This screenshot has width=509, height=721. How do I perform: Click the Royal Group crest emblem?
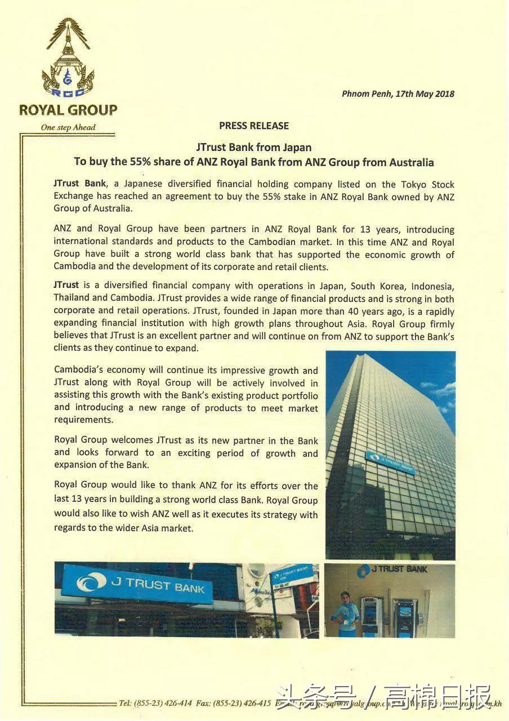click(68, 59)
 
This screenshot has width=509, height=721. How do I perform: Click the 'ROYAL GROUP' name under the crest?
click(68, 110)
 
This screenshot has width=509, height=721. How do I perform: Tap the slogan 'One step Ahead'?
click(68, 127)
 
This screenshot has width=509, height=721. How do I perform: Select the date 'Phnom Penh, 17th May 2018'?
click(398, 94)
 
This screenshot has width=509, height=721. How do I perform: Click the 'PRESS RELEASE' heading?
click(254, 126)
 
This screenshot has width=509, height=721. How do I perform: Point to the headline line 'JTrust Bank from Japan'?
click(254, 148)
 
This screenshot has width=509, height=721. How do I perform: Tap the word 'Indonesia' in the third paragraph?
click(428, 286)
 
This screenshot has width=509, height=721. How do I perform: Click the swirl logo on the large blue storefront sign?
click(91, 583)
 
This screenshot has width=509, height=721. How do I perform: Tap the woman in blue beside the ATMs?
click(345, 611)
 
